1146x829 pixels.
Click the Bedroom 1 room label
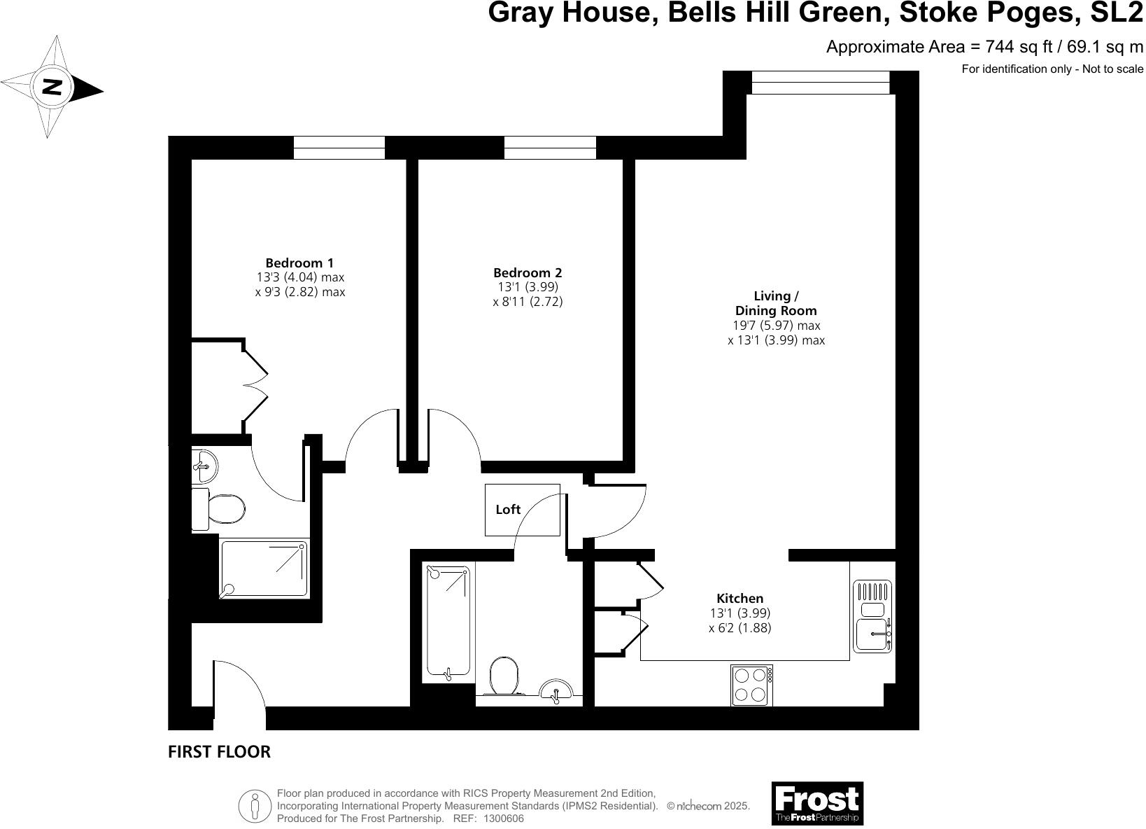[x=299, y=263]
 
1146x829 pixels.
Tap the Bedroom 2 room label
[x=528, y=273]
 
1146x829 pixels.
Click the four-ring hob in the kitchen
[x=751, y=685]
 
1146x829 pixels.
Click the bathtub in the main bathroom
[x=448, y=622]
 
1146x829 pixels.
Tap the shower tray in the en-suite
[x=265, y=568]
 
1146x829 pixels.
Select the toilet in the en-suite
[x=219, y=509]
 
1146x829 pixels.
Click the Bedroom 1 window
[x=339, y=147]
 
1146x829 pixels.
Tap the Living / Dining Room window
[x=820, y=82]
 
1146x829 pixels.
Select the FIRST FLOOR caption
[x=219, y=752]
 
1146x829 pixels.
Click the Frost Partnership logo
[x=816, y=803]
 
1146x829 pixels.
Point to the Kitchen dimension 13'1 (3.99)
[x=740, y=613]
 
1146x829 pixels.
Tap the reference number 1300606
[x=498, y=818]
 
